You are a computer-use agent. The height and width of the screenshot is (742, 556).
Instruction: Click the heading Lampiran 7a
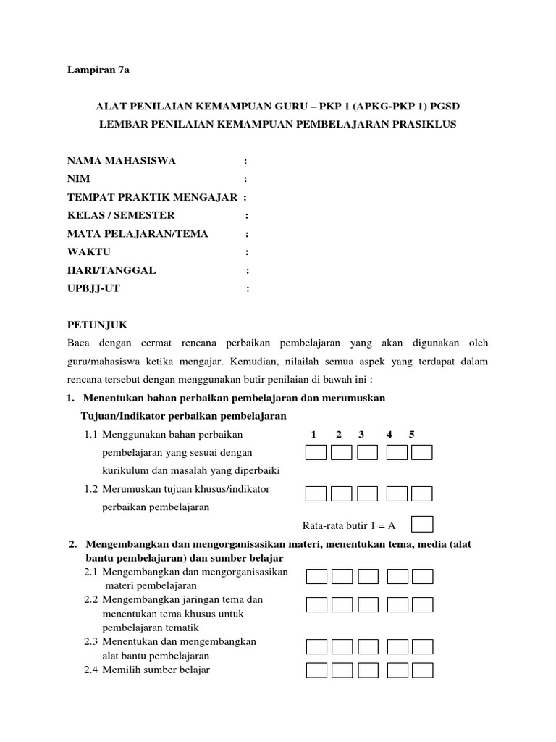pyautogui.click(x=97, y=70)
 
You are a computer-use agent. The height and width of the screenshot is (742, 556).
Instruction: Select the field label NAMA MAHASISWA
pyautogui.click(x=121, y=160)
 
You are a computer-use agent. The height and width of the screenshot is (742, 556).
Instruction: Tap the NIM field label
pyautogui.click(x=80, y=178)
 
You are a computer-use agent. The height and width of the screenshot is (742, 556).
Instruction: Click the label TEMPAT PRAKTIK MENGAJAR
pyautogui.click(x=153, y=197)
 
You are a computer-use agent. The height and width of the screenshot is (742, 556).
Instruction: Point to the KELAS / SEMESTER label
pyautogui.click(x=121, y=215)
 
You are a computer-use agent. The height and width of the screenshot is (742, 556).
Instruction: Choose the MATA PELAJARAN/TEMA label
pyautogui.click(x=138, y=233)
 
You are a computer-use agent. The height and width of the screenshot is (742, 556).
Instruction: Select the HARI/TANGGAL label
pyautogui.click(x=111, y=270)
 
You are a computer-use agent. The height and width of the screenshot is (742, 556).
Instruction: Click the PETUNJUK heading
pyautogui.click(x=97, y=325)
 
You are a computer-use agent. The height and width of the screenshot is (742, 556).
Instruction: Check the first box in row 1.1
pyautogui.click(x=316, y=453)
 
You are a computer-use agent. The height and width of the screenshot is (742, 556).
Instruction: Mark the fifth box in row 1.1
pyautogui.click(x=421, y=453)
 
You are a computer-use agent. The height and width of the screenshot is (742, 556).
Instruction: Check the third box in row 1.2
pyautogui.click(x=368, y=493)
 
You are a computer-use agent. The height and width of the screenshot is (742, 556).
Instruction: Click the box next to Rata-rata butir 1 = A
pyautogui.click(x=421, y=524)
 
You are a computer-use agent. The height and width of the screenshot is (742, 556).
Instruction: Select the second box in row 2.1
pyautogui.click(x=342, y=577)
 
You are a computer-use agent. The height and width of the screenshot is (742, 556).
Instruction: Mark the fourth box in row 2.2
pyautogui.click(x=397, y=604)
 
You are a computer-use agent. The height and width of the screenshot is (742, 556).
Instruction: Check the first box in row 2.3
pyautogui.click(x=316, y=646)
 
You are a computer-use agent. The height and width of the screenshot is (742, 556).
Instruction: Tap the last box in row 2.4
pyautogui.click(x=421, y=670)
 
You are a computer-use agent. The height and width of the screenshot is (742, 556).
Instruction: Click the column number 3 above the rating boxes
pyautogui.click(x=361, y=434)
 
